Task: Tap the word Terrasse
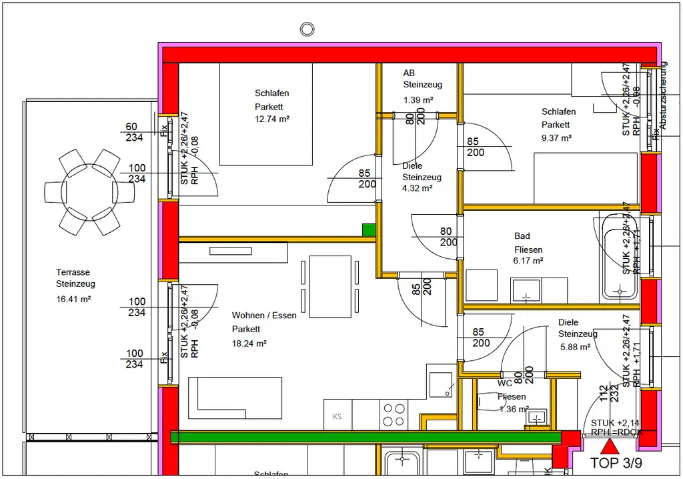[x=73, y=272]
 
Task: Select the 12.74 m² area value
[x=271, y=119]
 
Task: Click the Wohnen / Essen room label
[x=264, y=315]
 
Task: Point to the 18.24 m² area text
[x=249, y=344]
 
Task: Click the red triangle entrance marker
[x=610, y=446]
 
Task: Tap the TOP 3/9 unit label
[x=616, y=462]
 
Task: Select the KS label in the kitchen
[x=337, y=417]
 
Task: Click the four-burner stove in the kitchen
[x=394, y=414]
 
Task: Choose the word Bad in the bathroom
[x=522, y=236]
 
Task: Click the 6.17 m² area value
[x=528, y=261]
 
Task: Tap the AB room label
[x=409, y=73]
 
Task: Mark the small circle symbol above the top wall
[x=307, y=29]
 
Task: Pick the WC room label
[x=505, y=384]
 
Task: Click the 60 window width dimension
[x=131, y=127]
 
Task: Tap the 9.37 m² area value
[x=556, y=138]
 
